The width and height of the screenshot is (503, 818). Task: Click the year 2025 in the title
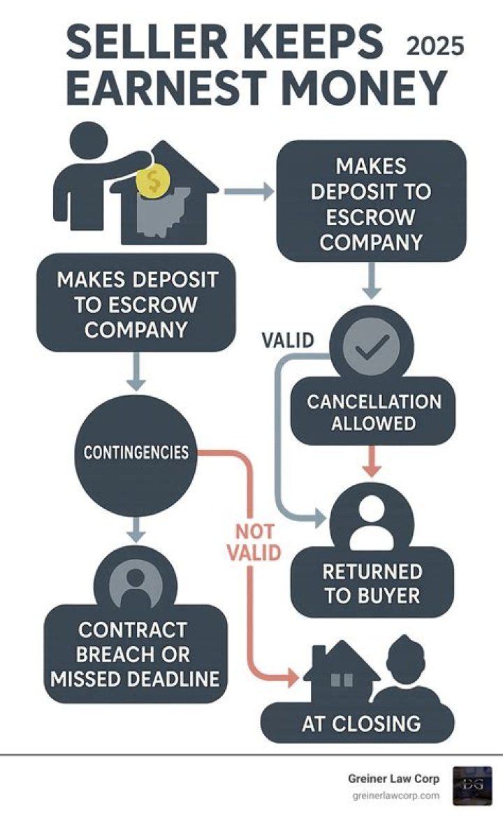point(435,46)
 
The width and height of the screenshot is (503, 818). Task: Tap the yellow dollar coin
point(153,180)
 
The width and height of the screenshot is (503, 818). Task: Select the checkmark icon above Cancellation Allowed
point(372,345)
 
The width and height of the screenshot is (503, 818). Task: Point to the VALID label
point(288,340)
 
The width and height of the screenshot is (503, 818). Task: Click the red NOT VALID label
point(254,541)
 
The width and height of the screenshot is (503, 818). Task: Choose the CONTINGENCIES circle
point(136,452)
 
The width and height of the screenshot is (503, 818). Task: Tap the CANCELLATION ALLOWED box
point(373,412)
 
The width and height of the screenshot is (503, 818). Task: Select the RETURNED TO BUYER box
point(372,583)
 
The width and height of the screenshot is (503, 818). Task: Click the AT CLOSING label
point(361,724)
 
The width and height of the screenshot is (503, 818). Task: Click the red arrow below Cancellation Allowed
point(371,460)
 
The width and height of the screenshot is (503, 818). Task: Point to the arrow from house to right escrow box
point(249,191)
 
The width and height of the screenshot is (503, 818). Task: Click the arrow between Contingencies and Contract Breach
point(136,529)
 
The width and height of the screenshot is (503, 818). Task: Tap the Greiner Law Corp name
point(394,779)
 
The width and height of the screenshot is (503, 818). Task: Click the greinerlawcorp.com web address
point(396,796)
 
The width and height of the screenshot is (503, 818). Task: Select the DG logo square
point(472,785)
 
